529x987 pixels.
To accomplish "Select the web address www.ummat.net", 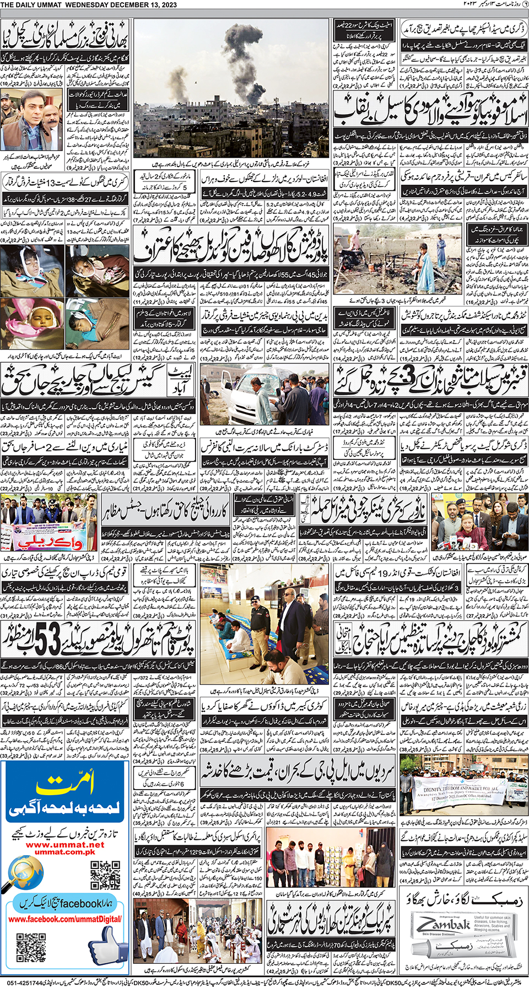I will (64, 844).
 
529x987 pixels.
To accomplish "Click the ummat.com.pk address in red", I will (64, 852).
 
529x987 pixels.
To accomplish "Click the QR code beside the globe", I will (105, 875).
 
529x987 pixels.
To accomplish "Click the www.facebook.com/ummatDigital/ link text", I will (64, 919).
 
